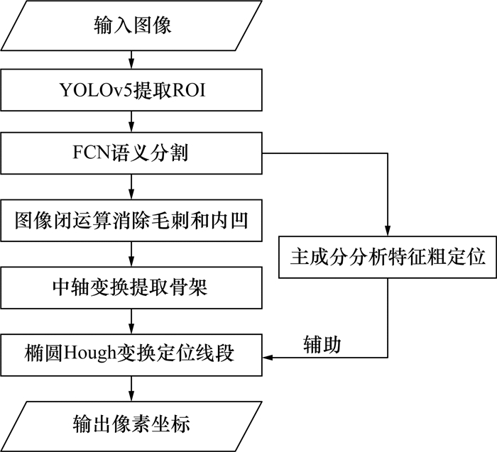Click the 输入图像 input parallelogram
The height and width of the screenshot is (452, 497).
(x=132, y=27)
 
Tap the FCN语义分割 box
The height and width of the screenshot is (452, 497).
(x=132, y=152)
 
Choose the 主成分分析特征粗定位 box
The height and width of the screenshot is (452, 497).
(x=387, y=257)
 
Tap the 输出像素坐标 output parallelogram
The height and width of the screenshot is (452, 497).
(x=132, y=424)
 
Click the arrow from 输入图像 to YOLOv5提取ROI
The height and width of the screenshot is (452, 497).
(x=132, y=58)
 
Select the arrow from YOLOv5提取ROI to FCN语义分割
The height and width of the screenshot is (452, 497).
(x=132, y=121)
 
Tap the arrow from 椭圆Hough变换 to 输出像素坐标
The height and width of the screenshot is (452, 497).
(x=132, y=387)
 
